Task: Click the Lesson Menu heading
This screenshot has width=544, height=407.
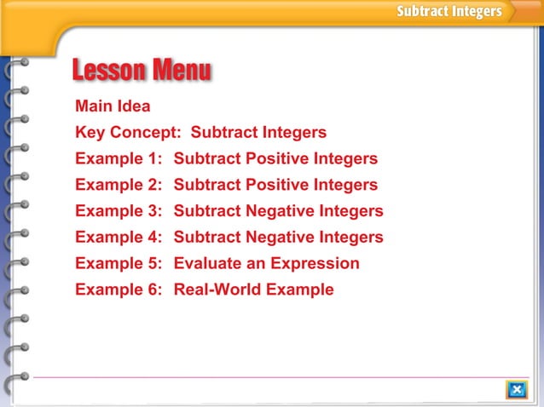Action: (142, 71)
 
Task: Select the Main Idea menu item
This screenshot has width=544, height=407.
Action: (113, 106)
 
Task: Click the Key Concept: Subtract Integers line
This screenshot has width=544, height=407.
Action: (200, 133)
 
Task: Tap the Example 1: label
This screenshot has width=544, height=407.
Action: (119, 159)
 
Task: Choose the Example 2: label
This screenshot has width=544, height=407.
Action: (119, 185)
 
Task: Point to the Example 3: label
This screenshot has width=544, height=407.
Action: (119, 211)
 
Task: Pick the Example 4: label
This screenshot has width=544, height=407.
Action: (119, 237)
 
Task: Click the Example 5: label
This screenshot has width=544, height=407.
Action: (119, 263)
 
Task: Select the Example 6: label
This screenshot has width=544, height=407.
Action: (119, 289)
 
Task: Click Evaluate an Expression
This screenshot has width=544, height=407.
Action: (266, 263)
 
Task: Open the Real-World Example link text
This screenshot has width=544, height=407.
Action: (253, 289)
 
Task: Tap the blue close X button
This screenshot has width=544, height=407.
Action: (516, 390)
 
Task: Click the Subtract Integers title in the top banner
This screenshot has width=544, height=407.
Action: (449, 12)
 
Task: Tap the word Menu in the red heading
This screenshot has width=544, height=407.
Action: (181, 71)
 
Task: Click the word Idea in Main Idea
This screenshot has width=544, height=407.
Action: (134, 106)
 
